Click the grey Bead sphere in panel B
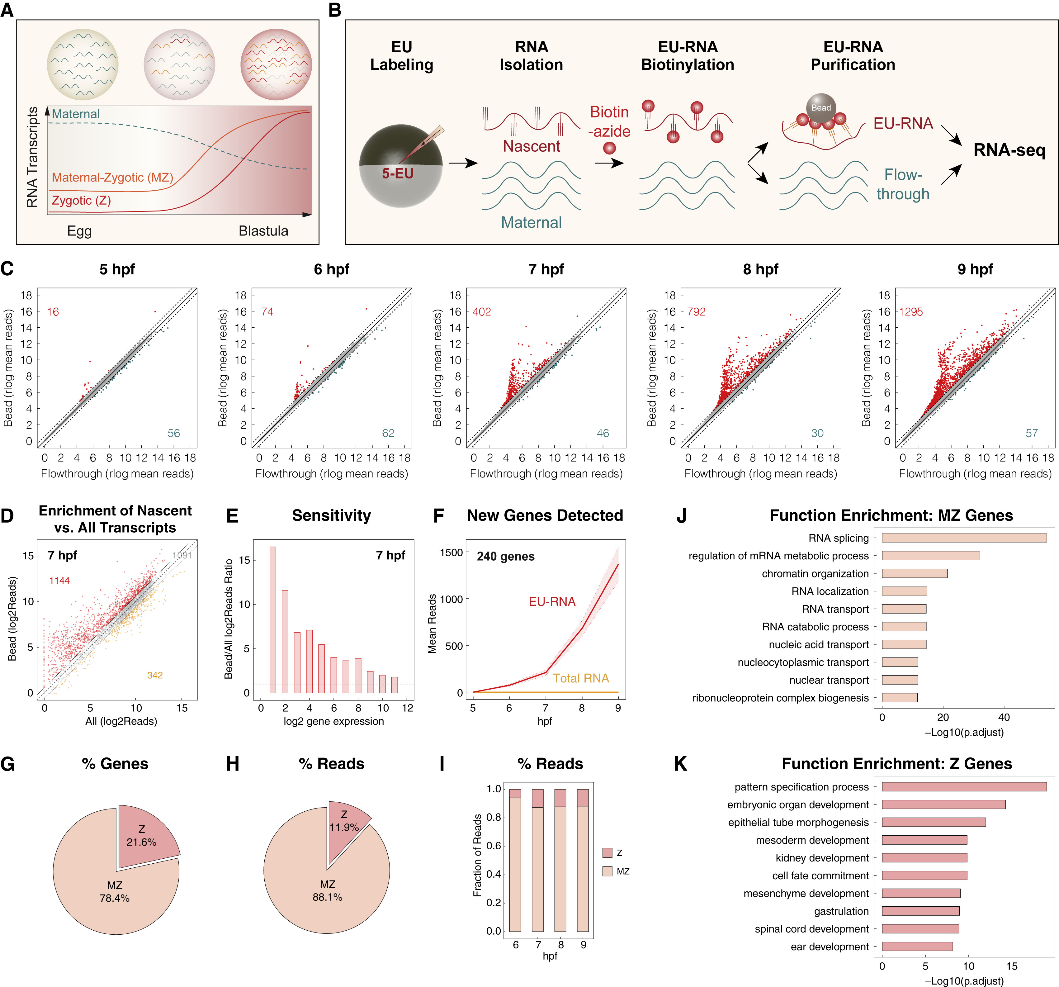821,108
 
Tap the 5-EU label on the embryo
397,173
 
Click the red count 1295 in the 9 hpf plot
911,312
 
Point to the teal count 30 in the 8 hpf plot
817,433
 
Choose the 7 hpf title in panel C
546,269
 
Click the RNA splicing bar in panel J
964,538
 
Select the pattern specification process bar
964,787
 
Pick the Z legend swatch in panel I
607,853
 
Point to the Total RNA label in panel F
581,678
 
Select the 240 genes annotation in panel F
506,556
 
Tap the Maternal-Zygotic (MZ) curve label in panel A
112,178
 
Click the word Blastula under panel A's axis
263,231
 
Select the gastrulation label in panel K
841,911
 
